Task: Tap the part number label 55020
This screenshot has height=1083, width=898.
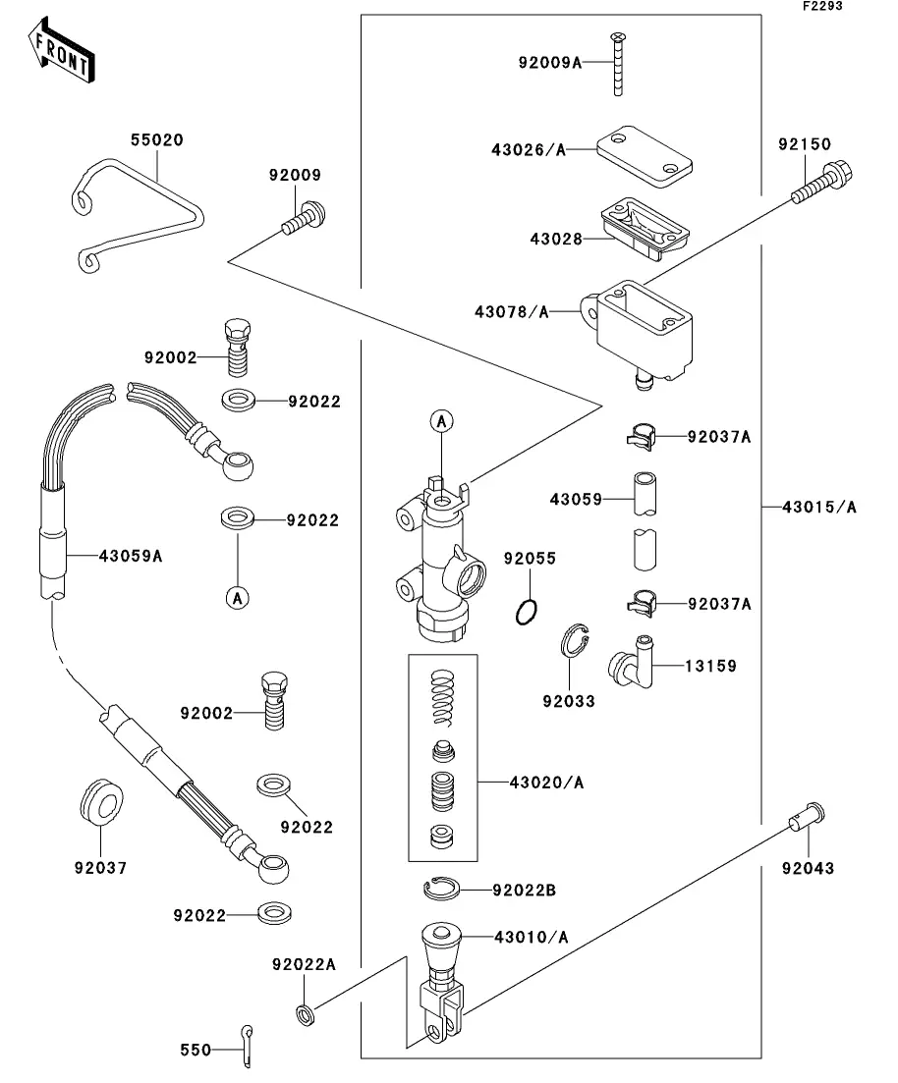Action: tap(157, 140)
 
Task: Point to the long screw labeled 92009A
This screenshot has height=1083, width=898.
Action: tap(618, 65)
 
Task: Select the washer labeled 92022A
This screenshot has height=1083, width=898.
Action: tap(306, 1012)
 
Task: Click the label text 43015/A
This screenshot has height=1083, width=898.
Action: tap(819, 508)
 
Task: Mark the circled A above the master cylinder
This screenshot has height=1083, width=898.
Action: tap(442, 421)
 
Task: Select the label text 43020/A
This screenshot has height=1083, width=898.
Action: tap(546, 783)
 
